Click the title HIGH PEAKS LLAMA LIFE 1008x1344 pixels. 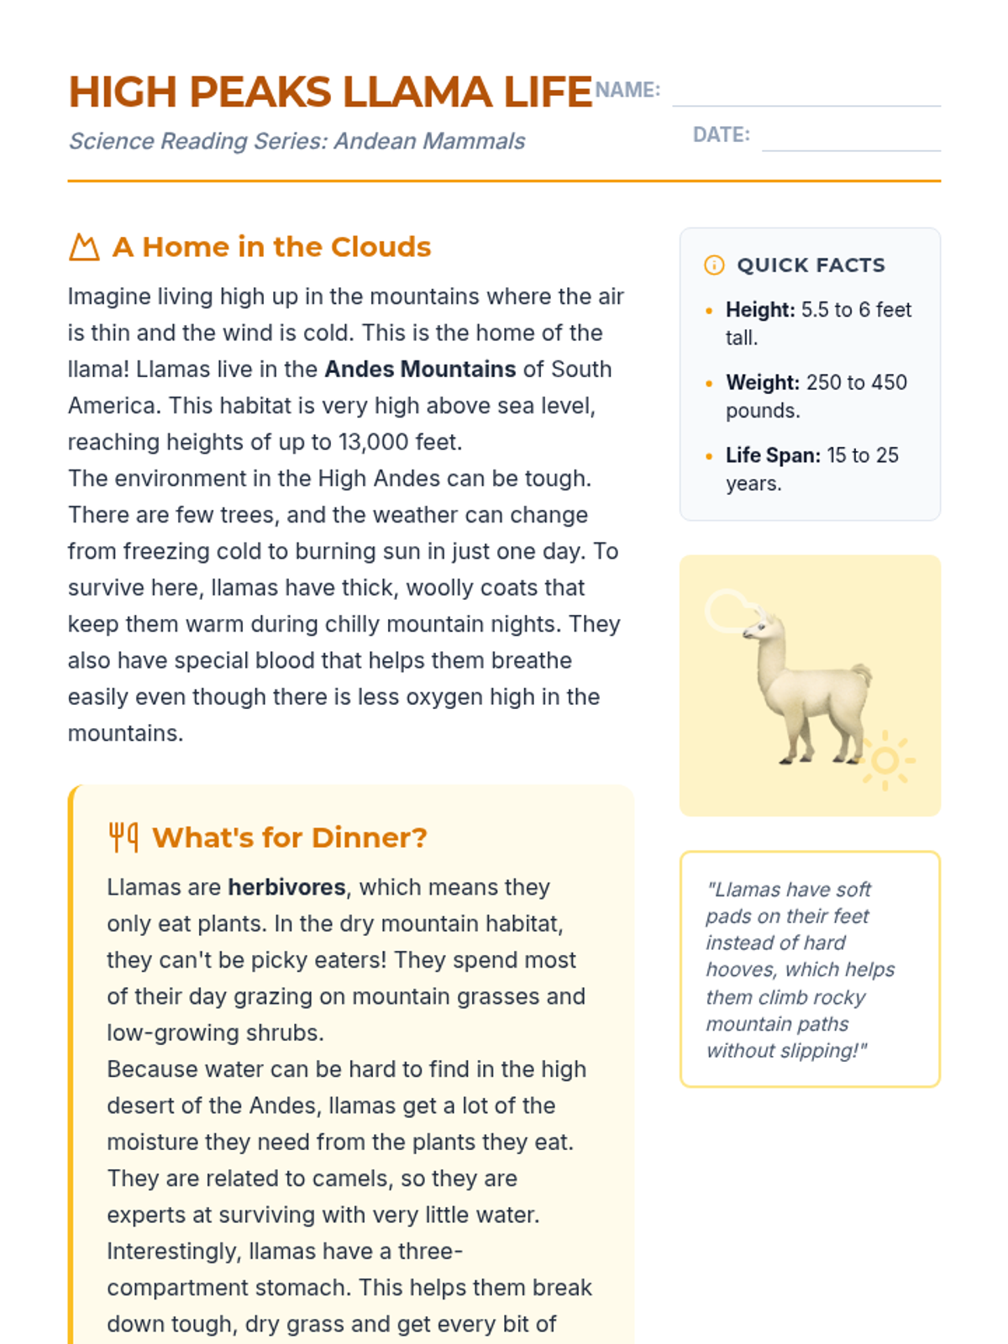330,92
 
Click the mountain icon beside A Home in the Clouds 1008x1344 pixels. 84,248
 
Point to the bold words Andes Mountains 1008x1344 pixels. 420,370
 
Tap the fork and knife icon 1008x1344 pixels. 123,837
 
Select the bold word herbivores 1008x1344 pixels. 286,888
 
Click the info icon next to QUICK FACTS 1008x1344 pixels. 714,265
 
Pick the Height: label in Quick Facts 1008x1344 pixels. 759,310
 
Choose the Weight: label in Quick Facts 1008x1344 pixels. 762,383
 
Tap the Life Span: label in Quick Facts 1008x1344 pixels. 773,455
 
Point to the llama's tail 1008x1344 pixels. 862,674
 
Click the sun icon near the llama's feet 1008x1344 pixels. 885,761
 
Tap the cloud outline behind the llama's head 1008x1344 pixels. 724,609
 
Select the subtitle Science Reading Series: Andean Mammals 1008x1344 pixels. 297,141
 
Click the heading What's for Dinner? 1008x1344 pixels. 290,837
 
